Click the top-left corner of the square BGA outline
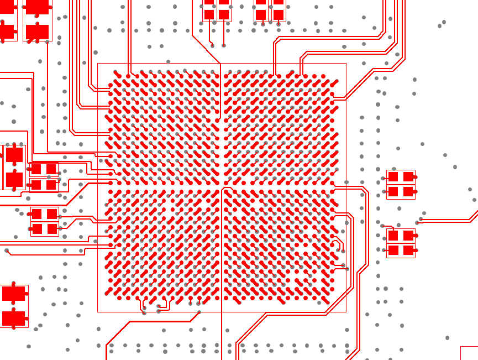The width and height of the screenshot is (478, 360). pyautogui.click(x=98, y=64)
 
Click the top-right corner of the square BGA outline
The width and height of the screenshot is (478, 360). pyautogui.click(x=346, y=64)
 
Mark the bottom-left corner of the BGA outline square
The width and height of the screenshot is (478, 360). pyautogui.click(x=98, y=312)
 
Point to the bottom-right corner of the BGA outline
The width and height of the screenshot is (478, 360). pyautogui.click(x=346, y=312)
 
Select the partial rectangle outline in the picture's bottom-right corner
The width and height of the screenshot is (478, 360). pyautogui.click(x=469, y=353)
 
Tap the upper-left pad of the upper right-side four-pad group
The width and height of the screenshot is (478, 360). pyautogui.click(x=393, y=177)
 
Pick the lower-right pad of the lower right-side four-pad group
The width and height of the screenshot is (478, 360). pyautogui.click(x=408, y=251)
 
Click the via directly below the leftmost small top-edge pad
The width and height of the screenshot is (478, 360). pyautogui.click(x=212, y=46)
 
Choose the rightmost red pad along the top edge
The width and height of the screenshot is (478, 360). pyautogui.click(x=279, y=14)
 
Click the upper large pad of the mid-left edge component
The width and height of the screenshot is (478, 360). pyautogui.click(x=14, y=155)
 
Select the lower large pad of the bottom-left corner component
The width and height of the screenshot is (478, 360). pyautogui.click(x=14, y=318)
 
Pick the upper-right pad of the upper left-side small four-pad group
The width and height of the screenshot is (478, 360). pyautogui.click(x=51, y=169)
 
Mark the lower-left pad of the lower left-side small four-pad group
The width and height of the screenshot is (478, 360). pyautogui.click(x=37, y=228)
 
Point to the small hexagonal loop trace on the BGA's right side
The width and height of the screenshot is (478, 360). pyautogui.click(x=338, y=246)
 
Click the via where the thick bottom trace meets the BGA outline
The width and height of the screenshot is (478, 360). pyautogui.click(x=199, y=312)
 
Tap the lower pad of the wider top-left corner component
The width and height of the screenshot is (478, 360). pyautogui.click(x=37, y=32)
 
